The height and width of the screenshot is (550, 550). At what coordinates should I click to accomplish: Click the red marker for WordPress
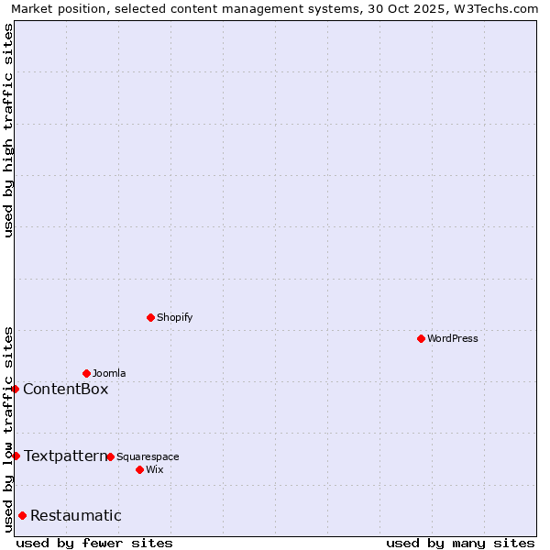click(421, 338)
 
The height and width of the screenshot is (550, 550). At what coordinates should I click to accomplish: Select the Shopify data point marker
click(150, 317)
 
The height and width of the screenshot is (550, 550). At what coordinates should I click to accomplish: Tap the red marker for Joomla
click(86, 373)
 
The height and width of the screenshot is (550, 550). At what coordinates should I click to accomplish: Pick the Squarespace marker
click(110, 456)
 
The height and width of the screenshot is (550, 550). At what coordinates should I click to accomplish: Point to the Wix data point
click(139, 469)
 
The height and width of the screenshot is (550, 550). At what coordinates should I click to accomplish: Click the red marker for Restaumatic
click(22, 515)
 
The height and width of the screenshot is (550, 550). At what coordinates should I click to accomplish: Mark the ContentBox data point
click(15, 389)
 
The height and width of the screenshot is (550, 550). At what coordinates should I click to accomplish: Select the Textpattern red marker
click(16, 456)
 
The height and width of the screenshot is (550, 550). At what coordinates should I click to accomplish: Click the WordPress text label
click(453, 338)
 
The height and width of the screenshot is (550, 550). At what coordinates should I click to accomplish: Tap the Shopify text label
click(174, 317)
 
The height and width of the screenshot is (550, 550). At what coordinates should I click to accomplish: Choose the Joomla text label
click(109, 373)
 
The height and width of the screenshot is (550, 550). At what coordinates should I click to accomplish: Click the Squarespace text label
click(148, 456)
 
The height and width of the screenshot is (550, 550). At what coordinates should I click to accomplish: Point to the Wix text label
click(154, 469)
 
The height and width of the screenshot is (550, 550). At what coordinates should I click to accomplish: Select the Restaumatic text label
click(75, 515)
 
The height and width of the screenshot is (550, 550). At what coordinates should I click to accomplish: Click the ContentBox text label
click(65, 389)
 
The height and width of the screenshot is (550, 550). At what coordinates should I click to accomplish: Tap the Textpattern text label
click(65, 456)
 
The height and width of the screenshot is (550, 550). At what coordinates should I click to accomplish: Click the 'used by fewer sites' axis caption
click(94, 543)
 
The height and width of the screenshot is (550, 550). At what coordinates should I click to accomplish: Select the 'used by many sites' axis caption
click(460, 543)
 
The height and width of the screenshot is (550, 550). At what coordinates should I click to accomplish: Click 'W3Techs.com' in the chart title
click(499, 8)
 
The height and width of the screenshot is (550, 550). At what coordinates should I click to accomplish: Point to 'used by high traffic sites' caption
click(8, 130)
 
